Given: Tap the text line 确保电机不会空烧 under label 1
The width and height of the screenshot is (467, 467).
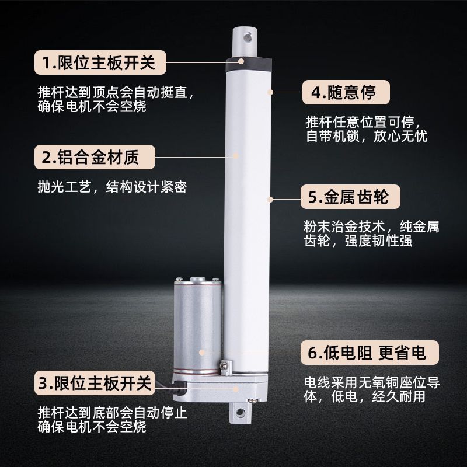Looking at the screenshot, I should click(92, 108).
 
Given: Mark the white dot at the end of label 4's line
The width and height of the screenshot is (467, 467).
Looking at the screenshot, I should click(270, 92).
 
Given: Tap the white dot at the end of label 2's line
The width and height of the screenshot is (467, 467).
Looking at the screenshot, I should click(236, 155).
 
